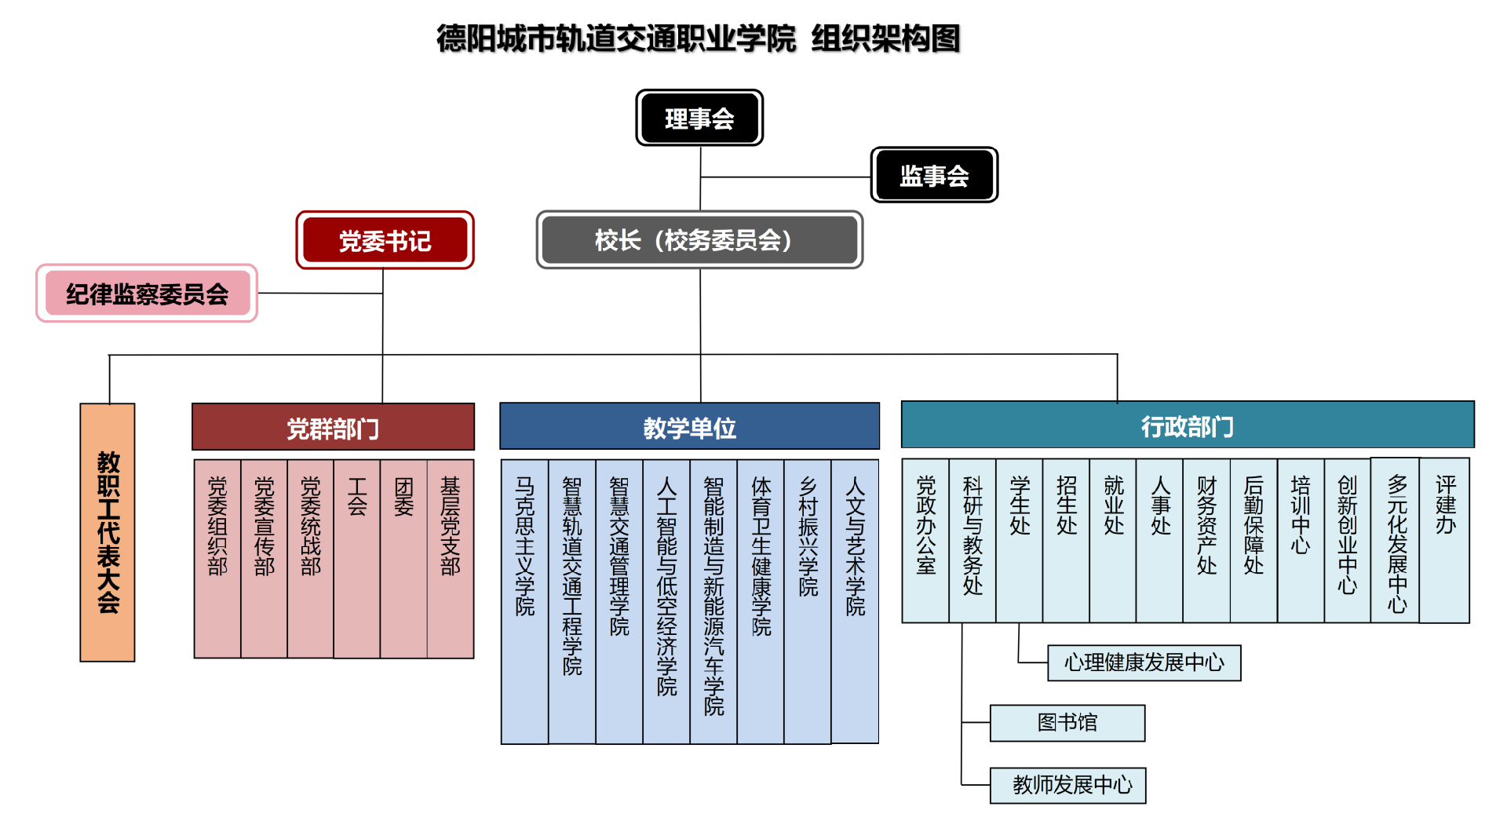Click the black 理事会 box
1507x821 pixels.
pos(699,118)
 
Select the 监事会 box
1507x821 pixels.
pos(934,175)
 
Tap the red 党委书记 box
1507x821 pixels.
pos(385,240)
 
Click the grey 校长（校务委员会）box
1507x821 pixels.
pos(699,239)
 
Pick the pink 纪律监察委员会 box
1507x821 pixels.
pos(147,294)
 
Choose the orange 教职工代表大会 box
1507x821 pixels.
pos(108,532)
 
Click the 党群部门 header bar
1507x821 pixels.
pos(333,428)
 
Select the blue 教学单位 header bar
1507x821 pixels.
pos(689,427)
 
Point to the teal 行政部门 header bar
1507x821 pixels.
pos(1187,425)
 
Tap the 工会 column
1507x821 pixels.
pos(357,557)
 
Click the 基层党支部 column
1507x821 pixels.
pos(451,557)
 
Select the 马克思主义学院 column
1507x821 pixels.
pos(524,600)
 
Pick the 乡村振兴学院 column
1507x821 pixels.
pos(808,600)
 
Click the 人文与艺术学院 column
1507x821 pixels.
pos(855,600)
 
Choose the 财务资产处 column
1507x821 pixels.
pos(1206,540)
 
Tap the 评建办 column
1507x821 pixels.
pos(1445,540)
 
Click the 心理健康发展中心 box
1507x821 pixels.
pos(1144,662)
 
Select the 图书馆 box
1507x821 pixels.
pos(1067,722)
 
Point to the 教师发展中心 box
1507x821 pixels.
pos(1067,785)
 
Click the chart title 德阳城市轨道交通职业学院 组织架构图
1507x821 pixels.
pos(699,38)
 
